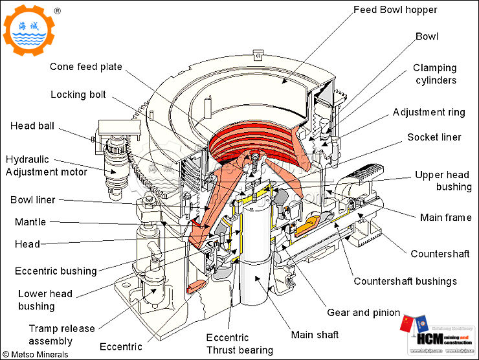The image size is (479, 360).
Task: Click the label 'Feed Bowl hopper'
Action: [x=395, y=10]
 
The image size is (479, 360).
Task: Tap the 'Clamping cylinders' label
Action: [x=434, y=74]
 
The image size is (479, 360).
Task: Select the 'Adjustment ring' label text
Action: [x=429, y=112]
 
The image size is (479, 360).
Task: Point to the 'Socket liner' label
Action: [x=434, y=137]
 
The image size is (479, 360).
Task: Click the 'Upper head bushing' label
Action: [x=443, y=181]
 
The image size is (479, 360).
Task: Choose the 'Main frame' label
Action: [x=445, y=218]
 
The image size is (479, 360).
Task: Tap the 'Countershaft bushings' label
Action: [x=405, y=281]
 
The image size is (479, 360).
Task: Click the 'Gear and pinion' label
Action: [x=364, y=313]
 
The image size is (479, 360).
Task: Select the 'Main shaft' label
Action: [x=315, y=335]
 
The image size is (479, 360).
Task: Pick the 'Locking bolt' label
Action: [x=78, y=95]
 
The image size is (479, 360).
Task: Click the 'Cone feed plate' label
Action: [x=85, y=66]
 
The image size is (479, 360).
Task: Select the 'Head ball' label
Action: [x=32, y=126]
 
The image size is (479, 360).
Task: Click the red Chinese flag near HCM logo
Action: [x=407, y=324]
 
